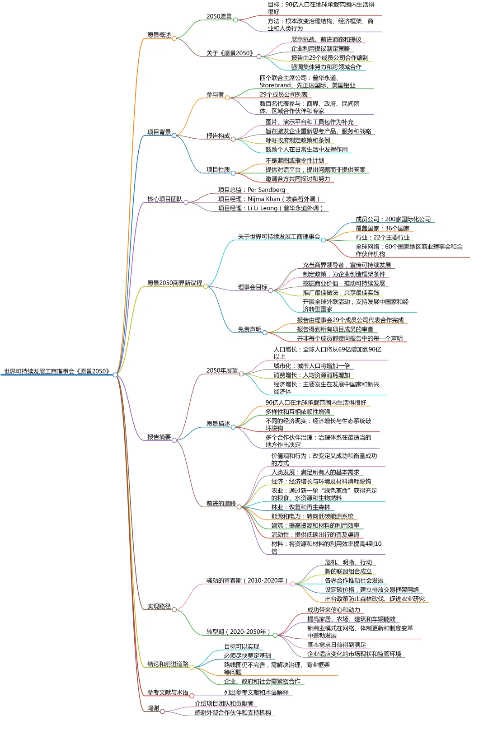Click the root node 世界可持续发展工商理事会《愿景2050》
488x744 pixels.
[x=57, y=371]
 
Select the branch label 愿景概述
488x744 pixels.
[x=159, y=35]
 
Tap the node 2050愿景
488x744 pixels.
[x=219, y=17]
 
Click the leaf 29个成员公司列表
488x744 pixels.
[x=283, y=94]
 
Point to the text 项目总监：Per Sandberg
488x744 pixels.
[x=251, y=190]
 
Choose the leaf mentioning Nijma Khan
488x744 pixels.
[x=269, y=199]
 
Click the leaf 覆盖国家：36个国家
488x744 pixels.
[x=382, y=228]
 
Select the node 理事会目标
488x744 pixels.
[x=253, y=287]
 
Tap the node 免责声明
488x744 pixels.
[x=249, y=329]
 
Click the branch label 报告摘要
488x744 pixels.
[x=159, y=437]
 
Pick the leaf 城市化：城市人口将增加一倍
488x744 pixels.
[x=311, y=366]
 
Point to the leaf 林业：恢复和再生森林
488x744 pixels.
[x=300, y=507]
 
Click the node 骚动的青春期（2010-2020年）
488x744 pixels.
[x=247, y=580]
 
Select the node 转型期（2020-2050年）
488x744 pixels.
[x=239, y=632]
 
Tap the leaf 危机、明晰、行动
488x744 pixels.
[x=348, y=562]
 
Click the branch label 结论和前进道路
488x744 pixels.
[x=168, y=664]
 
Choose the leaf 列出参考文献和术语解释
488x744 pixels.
[x=256, y=693]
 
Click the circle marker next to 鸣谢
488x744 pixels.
[x=163, y=711]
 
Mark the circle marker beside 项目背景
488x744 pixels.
[x=174, y=136]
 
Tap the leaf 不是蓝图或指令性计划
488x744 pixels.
[x=295, y=160]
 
